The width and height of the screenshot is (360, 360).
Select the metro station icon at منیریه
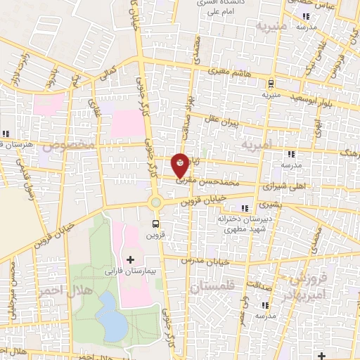tap(270, 82)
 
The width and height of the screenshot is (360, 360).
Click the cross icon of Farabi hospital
tap(130, 259)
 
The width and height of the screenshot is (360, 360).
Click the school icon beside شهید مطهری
tap(245, 208)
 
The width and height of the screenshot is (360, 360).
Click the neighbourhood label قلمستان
tap(214, 286)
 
